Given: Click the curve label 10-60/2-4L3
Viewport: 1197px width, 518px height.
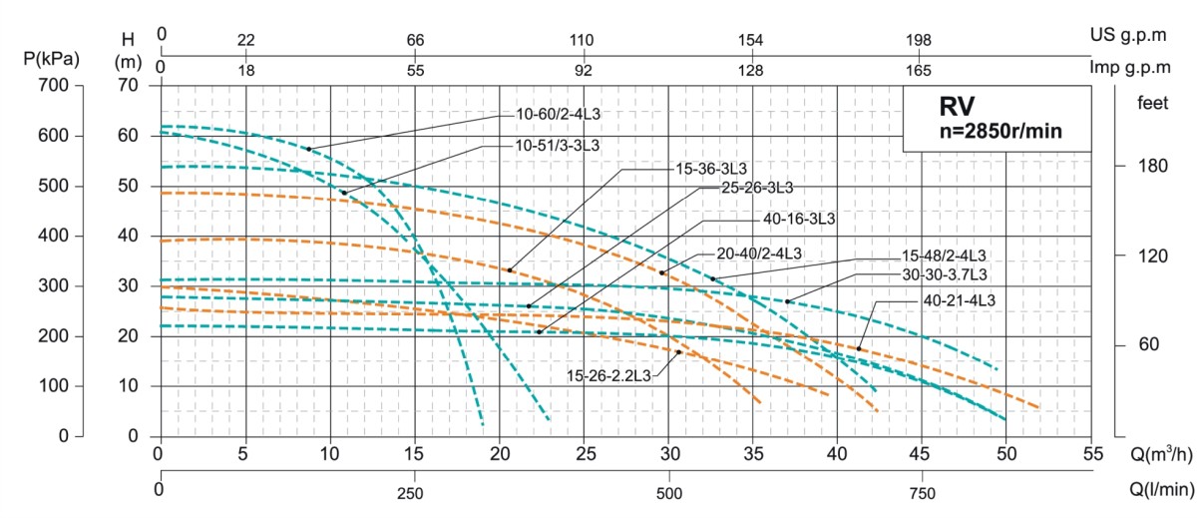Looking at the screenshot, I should tap(558, 114).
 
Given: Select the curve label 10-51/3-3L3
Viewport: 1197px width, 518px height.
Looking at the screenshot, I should tap(558, 146).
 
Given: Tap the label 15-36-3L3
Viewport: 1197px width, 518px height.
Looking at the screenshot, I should tap(704, 168).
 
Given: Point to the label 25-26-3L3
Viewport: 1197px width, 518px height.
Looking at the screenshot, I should tap(757, 187).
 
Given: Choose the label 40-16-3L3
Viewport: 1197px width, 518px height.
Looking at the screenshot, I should tap(798, 219).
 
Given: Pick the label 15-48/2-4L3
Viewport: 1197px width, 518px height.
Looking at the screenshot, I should tap(943, 256).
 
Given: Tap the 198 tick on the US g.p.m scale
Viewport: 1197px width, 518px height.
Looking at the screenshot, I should tap(919, 40).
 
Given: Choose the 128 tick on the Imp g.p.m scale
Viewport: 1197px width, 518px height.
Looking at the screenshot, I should tap(750, 70).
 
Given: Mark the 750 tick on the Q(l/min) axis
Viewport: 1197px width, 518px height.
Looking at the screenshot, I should tap(923, 493).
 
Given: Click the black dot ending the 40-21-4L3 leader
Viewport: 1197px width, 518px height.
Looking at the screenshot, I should tap(859, 348).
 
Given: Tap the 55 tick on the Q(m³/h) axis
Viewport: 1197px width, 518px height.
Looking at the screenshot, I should tap(1091, 454).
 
